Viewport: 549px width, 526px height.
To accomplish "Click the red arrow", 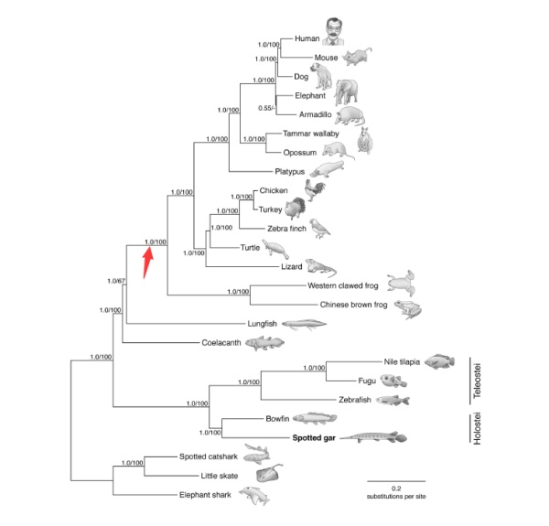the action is [147, 263].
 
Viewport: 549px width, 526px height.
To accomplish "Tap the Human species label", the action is [307, 38].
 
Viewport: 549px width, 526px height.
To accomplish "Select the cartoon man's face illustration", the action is [333, 31].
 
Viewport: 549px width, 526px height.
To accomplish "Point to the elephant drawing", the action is [346, 92].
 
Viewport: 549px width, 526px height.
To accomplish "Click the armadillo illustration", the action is [350, 116].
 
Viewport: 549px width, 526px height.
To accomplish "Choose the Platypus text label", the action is [289, 172].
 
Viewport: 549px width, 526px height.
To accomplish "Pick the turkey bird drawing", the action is [295, 208].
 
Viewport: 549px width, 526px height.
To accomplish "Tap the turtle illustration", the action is [275, 249].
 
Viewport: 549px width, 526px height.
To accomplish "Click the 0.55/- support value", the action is [266, 108].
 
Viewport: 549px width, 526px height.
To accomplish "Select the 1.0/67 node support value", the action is [116, 281].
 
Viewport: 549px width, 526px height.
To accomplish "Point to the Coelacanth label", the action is [221, 343].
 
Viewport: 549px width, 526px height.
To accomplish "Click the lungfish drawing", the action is [304, 325].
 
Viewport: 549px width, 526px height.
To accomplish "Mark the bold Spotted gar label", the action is [314, 438].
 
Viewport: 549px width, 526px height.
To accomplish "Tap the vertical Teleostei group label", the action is [477, 381].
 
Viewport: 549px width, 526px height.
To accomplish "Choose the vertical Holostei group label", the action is [477, 429].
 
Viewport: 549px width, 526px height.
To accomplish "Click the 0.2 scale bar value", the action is [396, 488].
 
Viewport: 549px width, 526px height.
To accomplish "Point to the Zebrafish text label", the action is [355, 400].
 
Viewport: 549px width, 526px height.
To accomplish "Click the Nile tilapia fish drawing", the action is [440, 361].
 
